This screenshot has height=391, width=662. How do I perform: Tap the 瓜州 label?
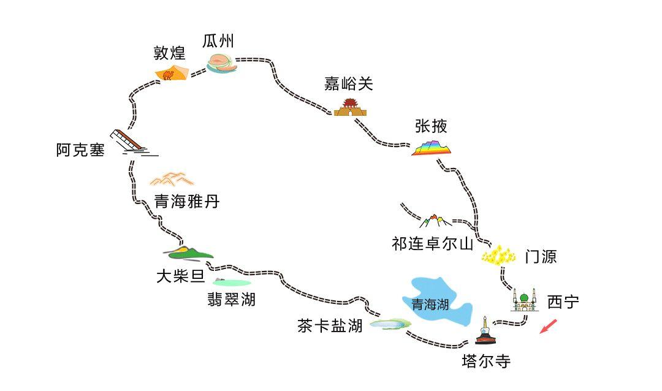(x=218, y=41)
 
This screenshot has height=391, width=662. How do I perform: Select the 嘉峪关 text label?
(x=348, y=84)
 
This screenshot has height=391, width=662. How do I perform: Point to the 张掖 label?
(x=431, y=126)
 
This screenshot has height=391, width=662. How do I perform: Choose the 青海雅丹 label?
(x=186, y=201)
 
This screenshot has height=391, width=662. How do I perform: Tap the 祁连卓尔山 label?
(x=432, y=244)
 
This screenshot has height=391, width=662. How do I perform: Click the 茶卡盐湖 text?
(x=330, y=326)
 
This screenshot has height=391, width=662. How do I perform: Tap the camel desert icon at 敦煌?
(x=170, y=74)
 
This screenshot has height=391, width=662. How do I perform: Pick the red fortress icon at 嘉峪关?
(x=350, y=108)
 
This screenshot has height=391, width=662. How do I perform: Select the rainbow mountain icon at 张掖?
(x=432, y=148)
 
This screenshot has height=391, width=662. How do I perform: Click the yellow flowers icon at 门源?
(x=499, y=254)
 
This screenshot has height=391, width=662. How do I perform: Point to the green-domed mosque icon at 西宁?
(x=524, y=300)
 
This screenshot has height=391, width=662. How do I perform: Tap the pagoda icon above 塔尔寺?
(x=485, y=332)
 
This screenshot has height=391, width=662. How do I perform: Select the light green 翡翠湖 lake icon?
(x=232, y=283)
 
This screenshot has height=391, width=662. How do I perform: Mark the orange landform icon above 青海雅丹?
(x=172, y=179)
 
